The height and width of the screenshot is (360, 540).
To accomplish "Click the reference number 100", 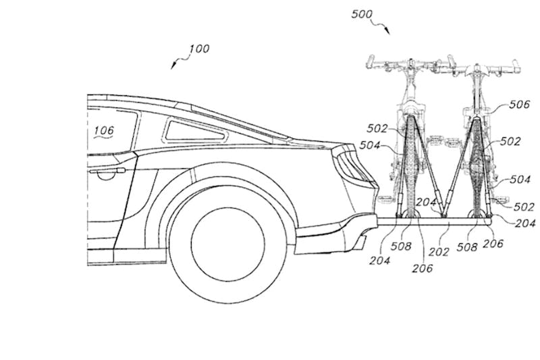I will [199, 49].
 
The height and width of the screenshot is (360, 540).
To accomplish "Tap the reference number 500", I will [362, 14].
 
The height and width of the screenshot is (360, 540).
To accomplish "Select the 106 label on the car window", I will [104, 130].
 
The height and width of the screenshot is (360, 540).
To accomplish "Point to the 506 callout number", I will [520, 105].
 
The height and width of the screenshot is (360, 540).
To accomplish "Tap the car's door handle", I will [106, 174].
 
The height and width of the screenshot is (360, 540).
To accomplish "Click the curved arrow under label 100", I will [177, 63].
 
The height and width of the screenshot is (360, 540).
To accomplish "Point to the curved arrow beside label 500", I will [383, 27].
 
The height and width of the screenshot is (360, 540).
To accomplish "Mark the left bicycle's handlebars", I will [406, 66].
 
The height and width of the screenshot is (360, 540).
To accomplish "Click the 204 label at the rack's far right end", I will [526, 224].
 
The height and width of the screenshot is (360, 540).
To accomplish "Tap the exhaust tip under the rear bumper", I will [361, 238].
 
